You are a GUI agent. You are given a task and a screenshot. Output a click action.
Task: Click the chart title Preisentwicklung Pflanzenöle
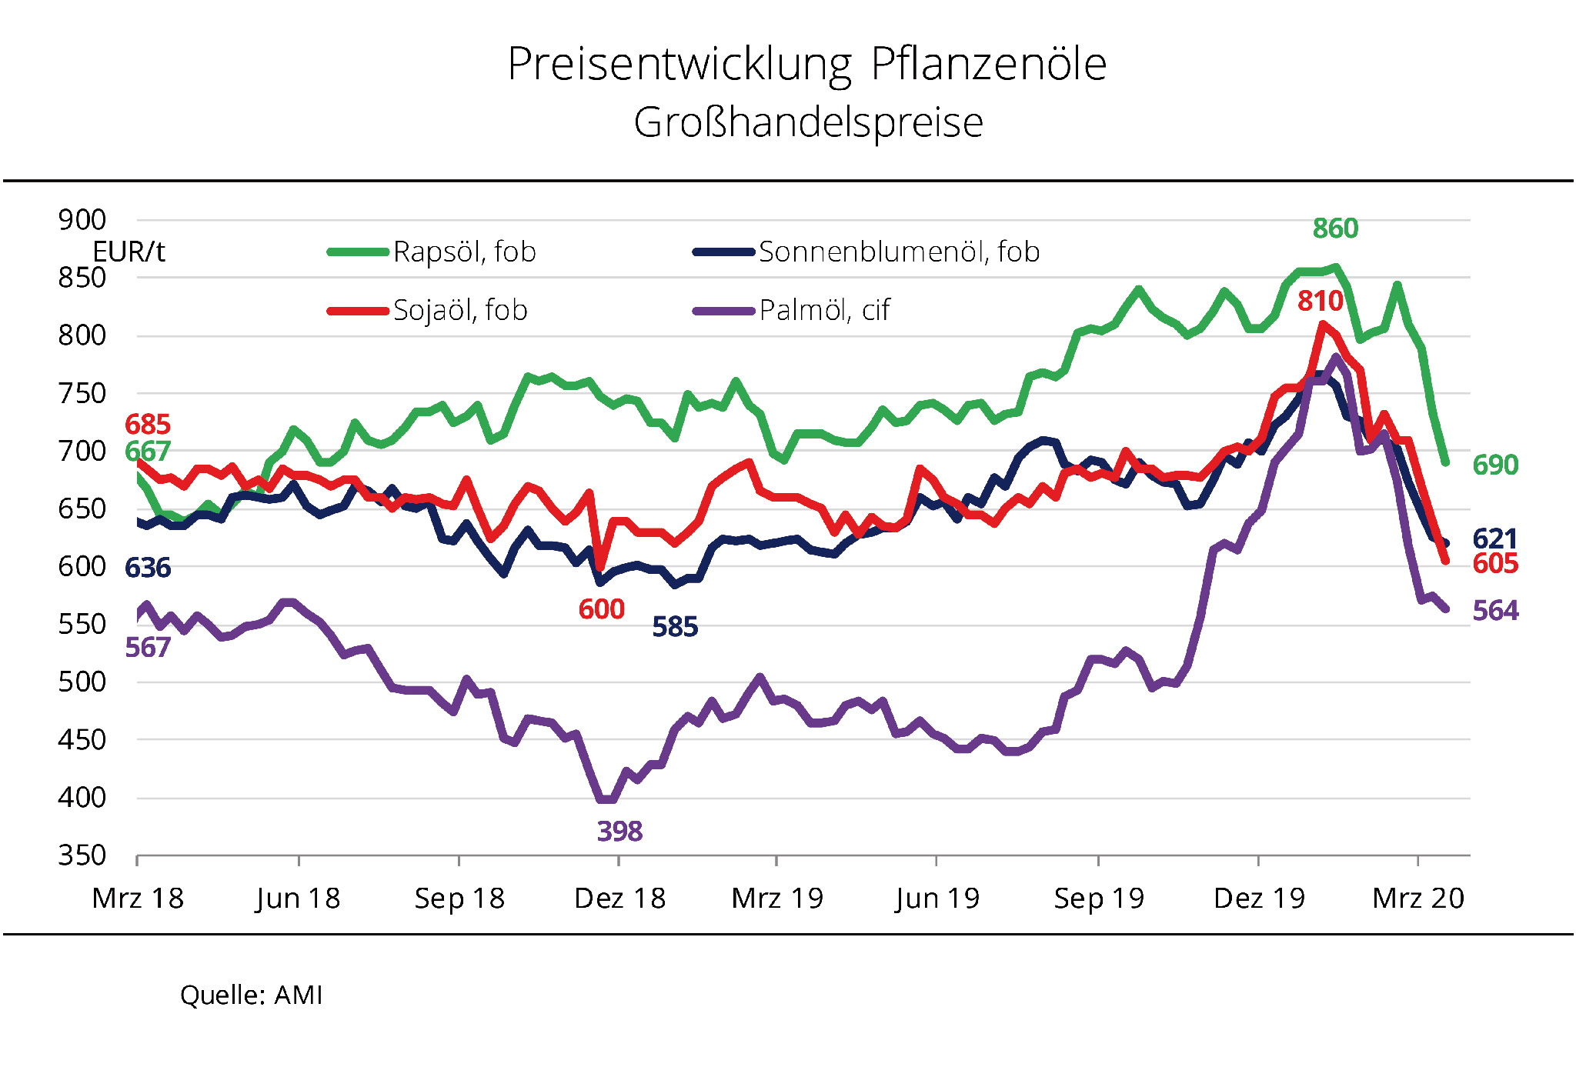(x=806, y=64)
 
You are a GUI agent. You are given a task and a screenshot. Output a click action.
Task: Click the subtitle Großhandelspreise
(x=808, y=122)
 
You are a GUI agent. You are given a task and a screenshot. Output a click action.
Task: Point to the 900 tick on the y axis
(x=82, y=220)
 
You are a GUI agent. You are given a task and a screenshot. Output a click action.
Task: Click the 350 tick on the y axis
(x=82, y=855)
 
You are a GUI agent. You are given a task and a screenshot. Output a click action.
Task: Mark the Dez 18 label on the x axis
(x=619, y=899)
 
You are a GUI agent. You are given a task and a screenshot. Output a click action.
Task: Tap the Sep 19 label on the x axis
(x=1099, y=899)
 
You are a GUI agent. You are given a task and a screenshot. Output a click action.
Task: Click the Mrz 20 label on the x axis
(x=1418, y=899)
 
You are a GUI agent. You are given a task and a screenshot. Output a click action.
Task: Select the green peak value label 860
(x=1335, y=228)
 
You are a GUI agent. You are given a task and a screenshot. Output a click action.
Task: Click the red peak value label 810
(x=1320, y=301)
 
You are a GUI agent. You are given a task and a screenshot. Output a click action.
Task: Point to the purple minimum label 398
(x=619, y=832)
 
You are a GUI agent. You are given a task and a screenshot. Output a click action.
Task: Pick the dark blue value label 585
(x=675, y=628)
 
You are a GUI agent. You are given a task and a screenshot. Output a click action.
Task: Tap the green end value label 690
(x=1495, y=465)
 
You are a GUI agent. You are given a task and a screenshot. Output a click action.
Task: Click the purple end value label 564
(x=1495, y=611)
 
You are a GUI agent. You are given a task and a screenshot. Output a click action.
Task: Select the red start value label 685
(x=148, y=424)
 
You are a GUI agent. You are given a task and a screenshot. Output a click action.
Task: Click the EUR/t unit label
(x=129, y=252)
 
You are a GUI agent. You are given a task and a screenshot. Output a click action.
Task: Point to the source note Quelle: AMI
(x=251, y=995)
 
